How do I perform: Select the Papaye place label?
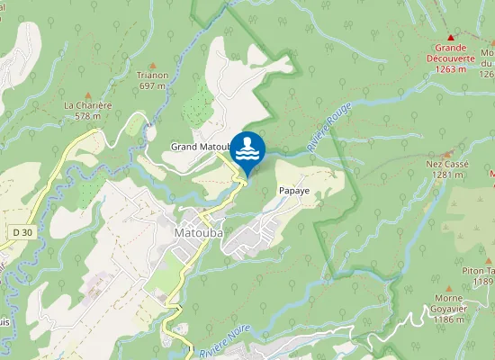(x=294, y=192)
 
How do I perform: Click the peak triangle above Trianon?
(x=152, y=65)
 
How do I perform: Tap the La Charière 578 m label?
(x=87, y=110)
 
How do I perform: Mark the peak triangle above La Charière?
(x=88, y=94)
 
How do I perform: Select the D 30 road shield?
(x=22, y=232)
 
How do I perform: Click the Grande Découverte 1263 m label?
(x=454, y=52)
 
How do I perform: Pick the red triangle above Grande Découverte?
(x=454, y=31)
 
